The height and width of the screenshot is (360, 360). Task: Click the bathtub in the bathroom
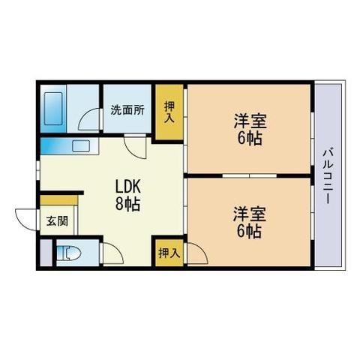(54, 109)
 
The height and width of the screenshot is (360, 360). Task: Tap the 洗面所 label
(127, 109)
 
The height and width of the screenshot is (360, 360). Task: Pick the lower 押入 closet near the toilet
(169, 253)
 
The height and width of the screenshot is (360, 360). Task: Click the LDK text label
(128, 186)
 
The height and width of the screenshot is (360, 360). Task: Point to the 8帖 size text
(128, 204)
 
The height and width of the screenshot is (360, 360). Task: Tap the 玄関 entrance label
(56, 221)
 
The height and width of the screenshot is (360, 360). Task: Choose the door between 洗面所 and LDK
(136, 147)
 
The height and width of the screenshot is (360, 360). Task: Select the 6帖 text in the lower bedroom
(247, 232)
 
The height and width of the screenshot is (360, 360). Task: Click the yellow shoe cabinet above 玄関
(59, 199)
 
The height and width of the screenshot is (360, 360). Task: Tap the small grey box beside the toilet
(45, 254)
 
